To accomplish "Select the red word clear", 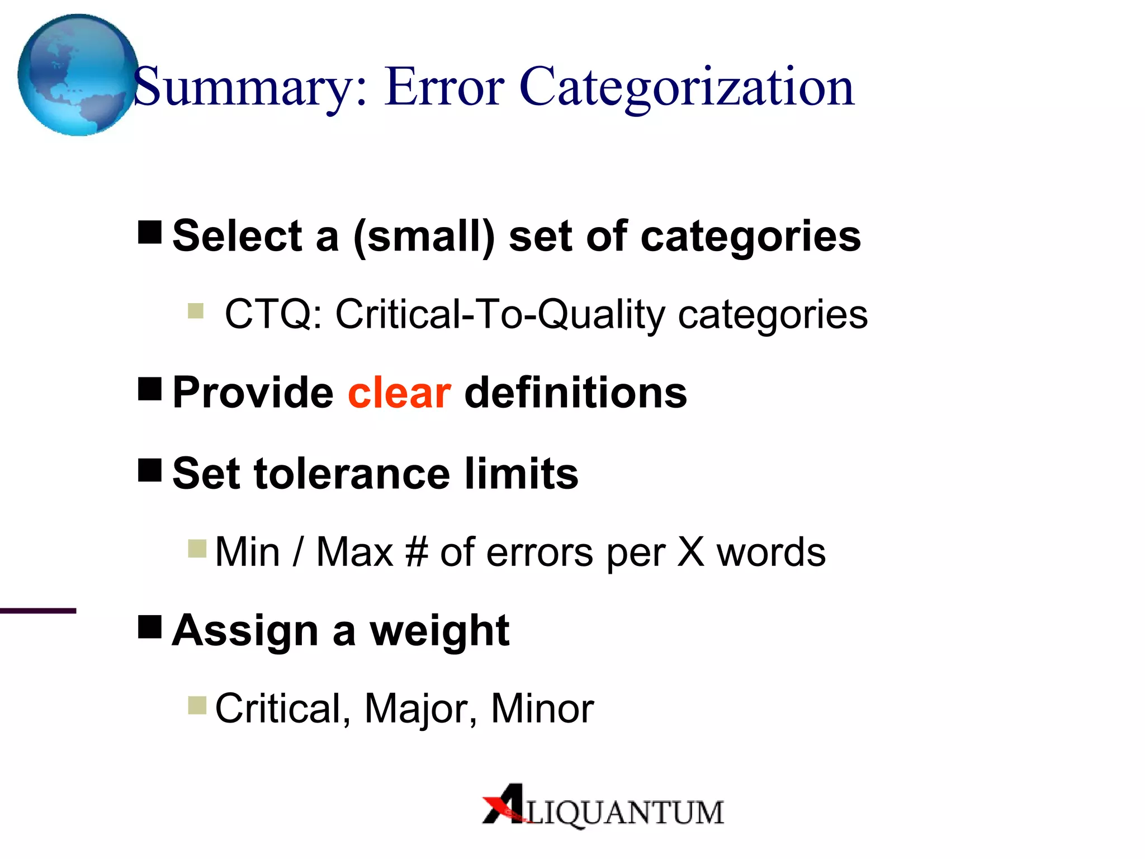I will click(399, 393).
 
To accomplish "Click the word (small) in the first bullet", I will click(424, 237).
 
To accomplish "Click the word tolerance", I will click(352, 474).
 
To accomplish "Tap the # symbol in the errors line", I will click(417, 553).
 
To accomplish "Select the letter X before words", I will click(691, 553).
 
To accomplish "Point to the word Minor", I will click(542, 709).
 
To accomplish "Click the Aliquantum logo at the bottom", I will click(603, 806).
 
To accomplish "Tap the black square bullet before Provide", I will click(150, 388).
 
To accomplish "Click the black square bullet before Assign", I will click(150, 626).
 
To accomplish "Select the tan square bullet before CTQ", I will click(196, 310).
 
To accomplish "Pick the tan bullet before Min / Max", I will click(197, 549).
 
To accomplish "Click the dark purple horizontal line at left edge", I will click(37, 611).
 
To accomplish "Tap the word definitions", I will click(576, 393).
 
